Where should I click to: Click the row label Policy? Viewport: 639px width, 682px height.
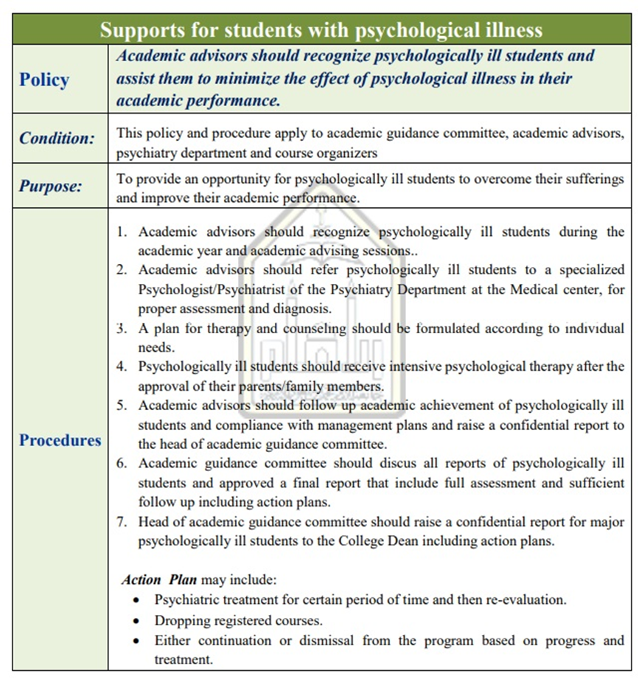pyautogui.click(x=44, y=80)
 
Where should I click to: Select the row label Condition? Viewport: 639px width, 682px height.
pyautogui.click(x=57, y=138)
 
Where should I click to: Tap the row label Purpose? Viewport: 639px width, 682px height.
pyautogui.click(x=51, y=187)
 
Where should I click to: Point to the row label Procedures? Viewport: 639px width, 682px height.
pyautogui.click(x=60, y=441)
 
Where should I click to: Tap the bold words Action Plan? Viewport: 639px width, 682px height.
pyautogui.click(x=159, y=580)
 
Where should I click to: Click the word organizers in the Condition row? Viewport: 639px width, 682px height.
pyautogui.click(x=346, y=153)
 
